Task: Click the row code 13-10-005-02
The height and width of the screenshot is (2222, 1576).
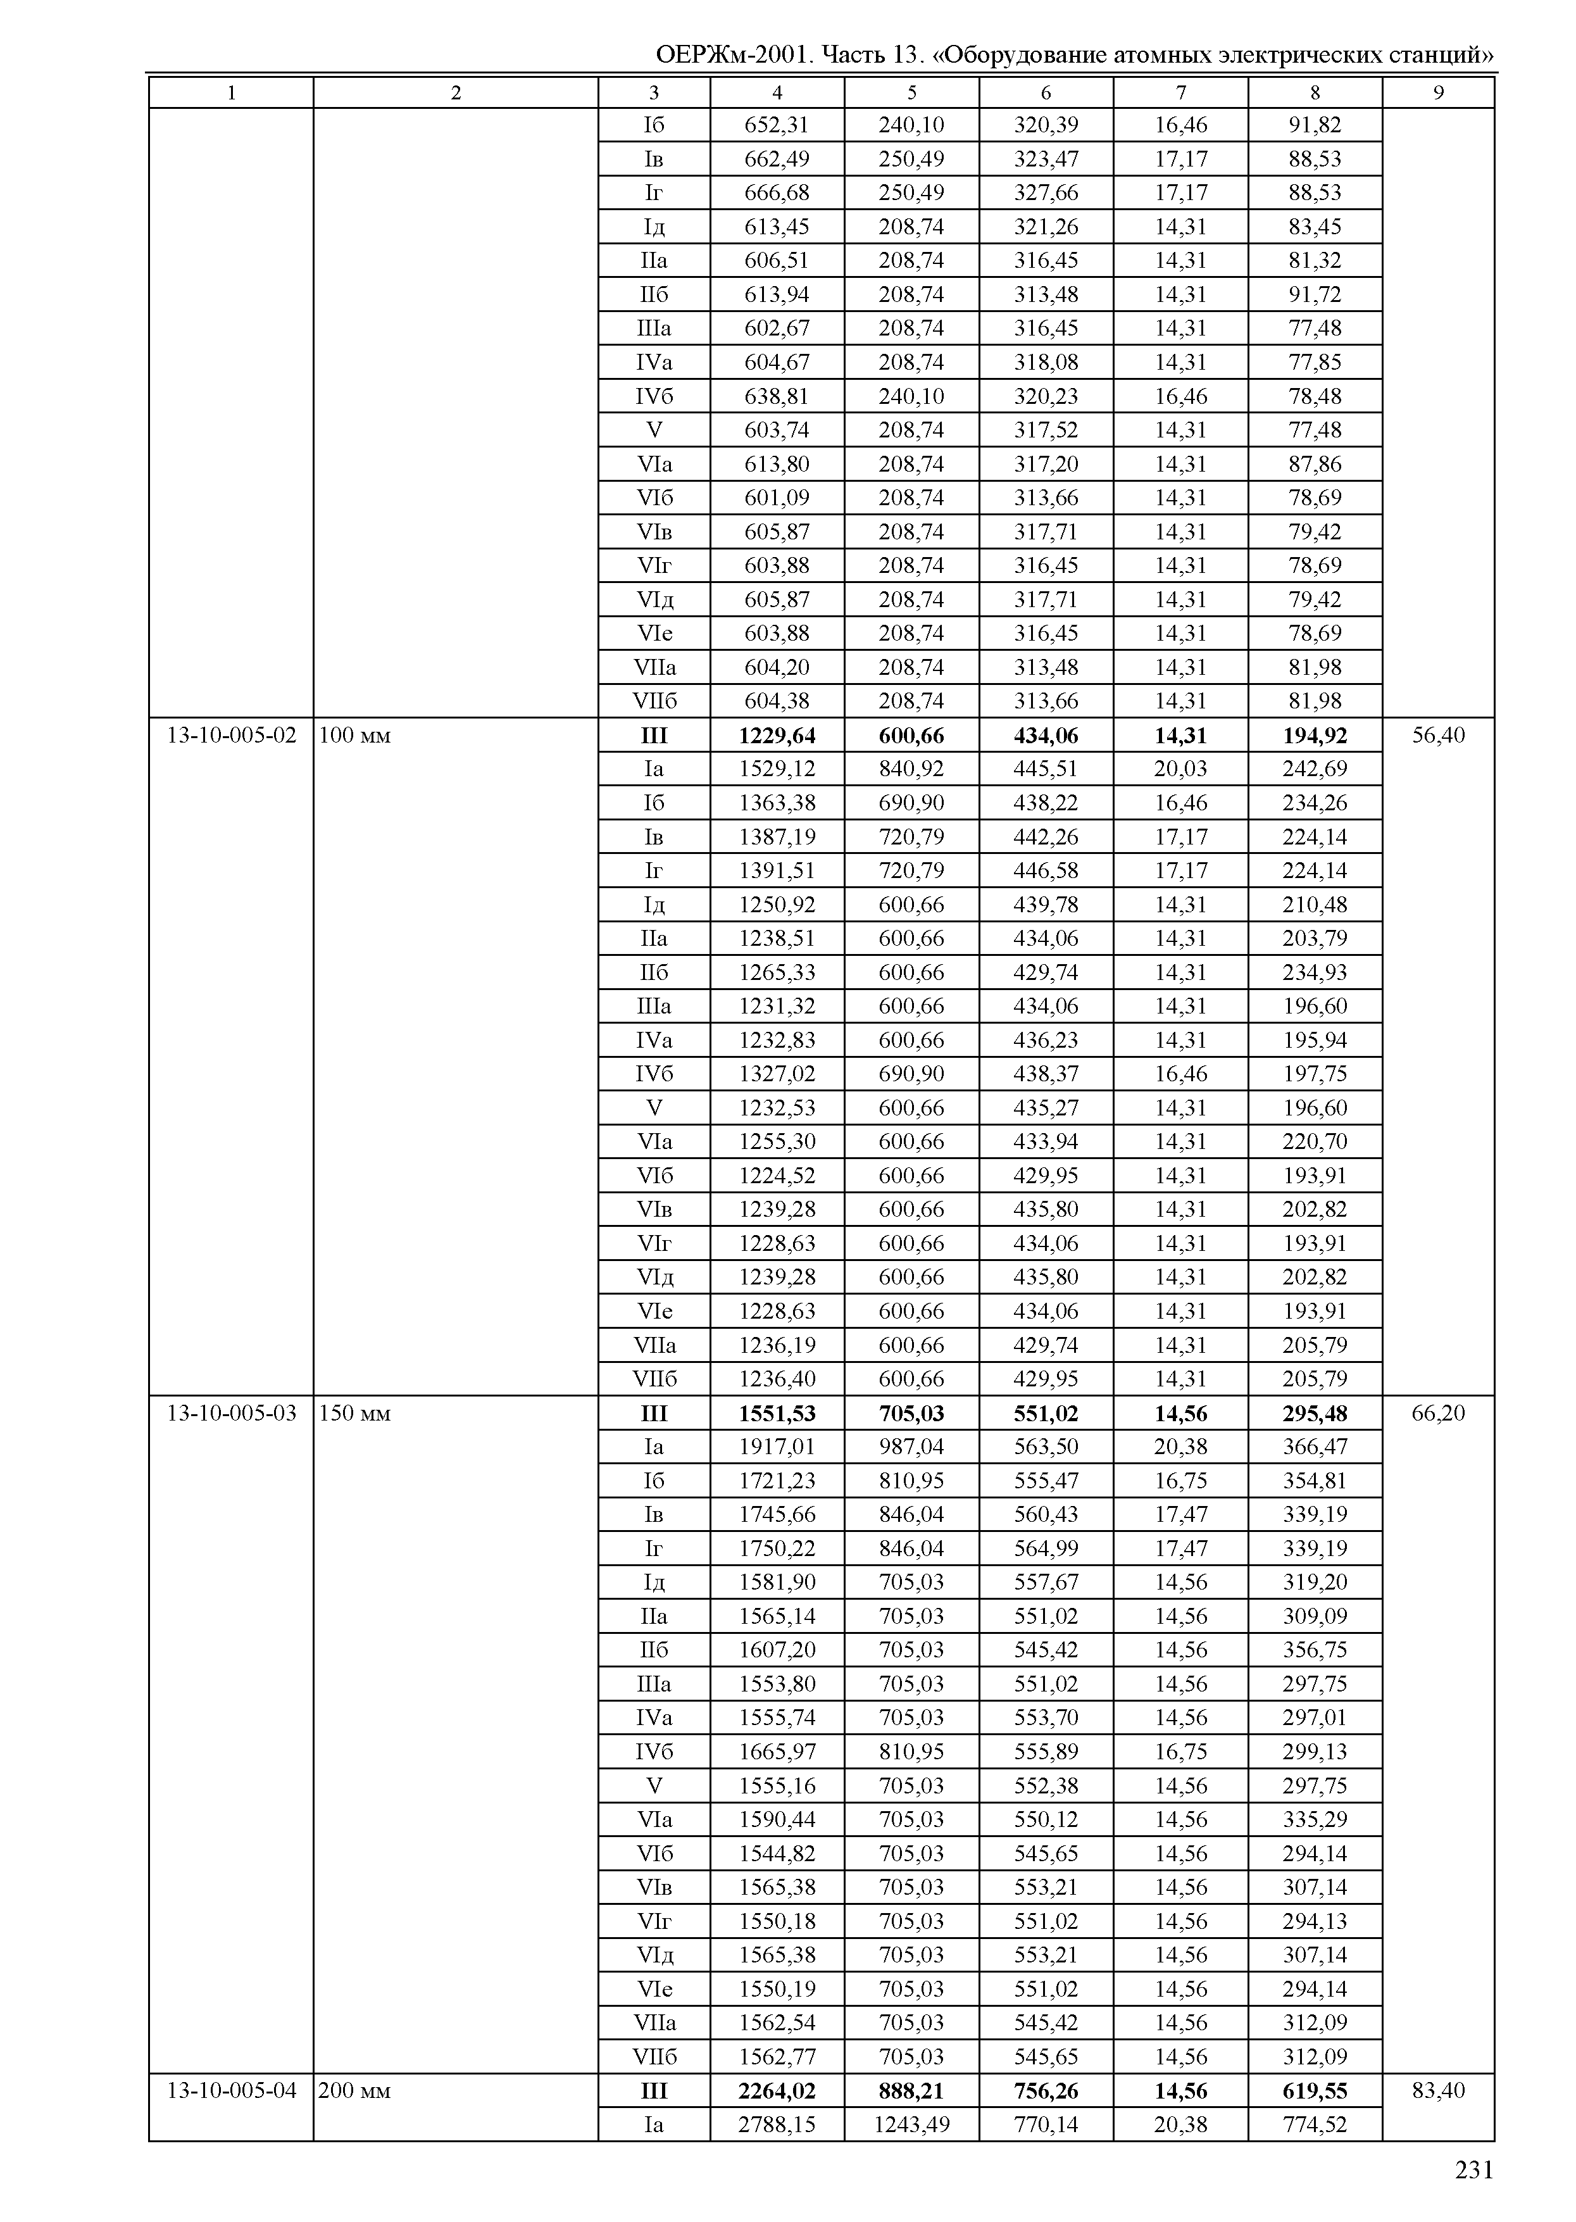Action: tap(231, 735)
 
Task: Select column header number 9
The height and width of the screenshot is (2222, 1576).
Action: tap(1438, 92)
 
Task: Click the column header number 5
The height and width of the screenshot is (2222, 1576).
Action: tap(911, 92)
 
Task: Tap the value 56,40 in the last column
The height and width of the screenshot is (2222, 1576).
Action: tap(1438, 735)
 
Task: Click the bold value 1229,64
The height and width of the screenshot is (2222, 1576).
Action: tap(777, 736)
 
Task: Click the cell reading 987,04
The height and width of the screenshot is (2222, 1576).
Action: tap(911, 1447)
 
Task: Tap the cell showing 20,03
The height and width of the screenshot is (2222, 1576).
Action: tap(1181, 769)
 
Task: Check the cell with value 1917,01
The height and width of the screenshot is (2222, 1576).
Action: tap(777, 1447)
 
